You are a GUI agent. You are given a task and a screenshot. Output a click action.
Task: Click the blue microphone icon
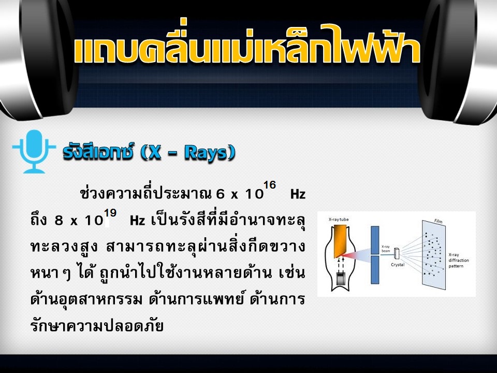34,151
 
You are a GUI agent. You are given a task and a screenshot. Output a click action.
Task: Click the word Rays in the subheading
207,153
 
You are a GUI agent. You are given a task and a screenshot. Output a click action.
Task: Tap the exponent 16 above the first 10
269,184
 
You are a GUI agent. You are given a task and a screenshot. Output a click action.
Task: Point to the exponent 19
110,212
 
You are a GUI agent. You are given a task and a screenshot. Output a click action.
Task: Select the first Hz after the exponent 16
298,194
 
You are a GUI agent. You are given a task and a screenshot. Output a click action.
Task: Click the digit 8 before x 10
59,220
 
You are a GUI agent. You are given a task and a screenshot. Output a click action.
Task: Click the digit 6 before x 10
220,194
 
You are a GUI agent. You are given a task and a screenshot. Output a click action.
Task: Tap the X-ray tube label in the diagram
339,219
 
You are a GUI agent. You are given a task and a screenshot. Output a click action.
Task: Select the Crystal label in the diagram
398,265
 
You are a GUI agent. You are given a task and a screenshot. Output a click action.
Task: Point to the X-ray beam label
386,249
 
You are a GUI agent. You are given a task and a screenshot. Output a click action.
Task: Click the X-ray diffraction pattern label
458,260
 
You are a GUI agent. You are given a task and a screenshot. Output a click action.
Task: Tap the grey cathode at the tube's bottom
341,278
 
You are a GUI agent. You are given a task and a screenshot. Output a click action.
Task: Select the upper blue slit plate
375,240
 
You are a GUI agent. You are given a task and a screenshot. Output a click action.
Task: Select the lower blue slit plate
375,270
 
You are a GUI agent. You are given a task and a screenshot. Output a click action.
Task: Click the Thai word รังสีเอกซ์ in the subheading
98,152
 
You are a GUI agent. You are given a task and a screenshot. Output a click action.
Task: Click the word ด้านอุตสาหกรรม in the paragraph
86,299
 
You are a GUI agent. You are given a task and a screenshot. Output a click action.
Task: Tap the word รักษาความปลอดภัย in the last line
97,326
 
